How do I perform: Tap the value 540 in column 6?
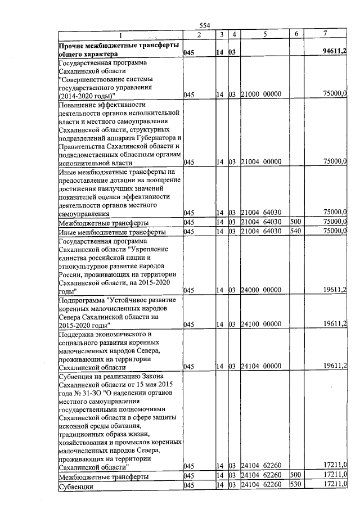(x=296, y=231)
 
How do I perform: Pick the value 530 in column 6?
(x=296, y=485)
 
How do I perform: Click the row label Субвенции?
(x=76, y=486)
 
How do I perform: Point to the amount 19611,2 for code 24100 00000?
(x=335, y=325)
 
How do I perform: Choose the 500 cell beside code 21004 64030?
(x=296, y=222)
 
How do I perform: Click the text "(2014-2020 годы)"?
(x=87, y=95)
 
